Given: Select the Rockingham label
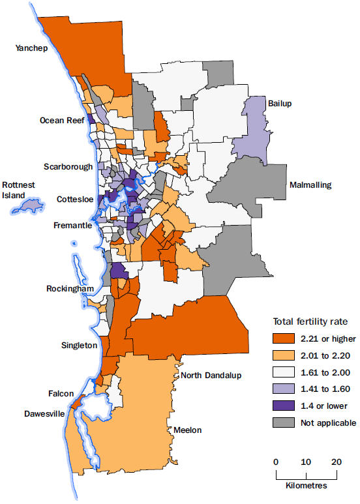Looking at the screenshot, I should pyautogui.click(x=70, y=289).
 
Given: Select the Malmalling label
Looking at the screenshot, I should pyautogui.click(x=310, y=185).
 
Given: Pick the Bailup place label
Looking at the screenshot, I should pyautogui.click(x=280, y=102).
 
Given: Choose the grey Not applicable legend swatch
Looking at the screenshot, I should pyautogui.click(x=285, y=423).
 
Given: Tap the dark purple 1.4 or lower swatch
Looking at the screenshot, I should pyautogui.click(x=285, y=406).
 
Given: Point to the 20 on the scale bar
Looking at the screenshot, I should pyautogui.click(x=337, y=462).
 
